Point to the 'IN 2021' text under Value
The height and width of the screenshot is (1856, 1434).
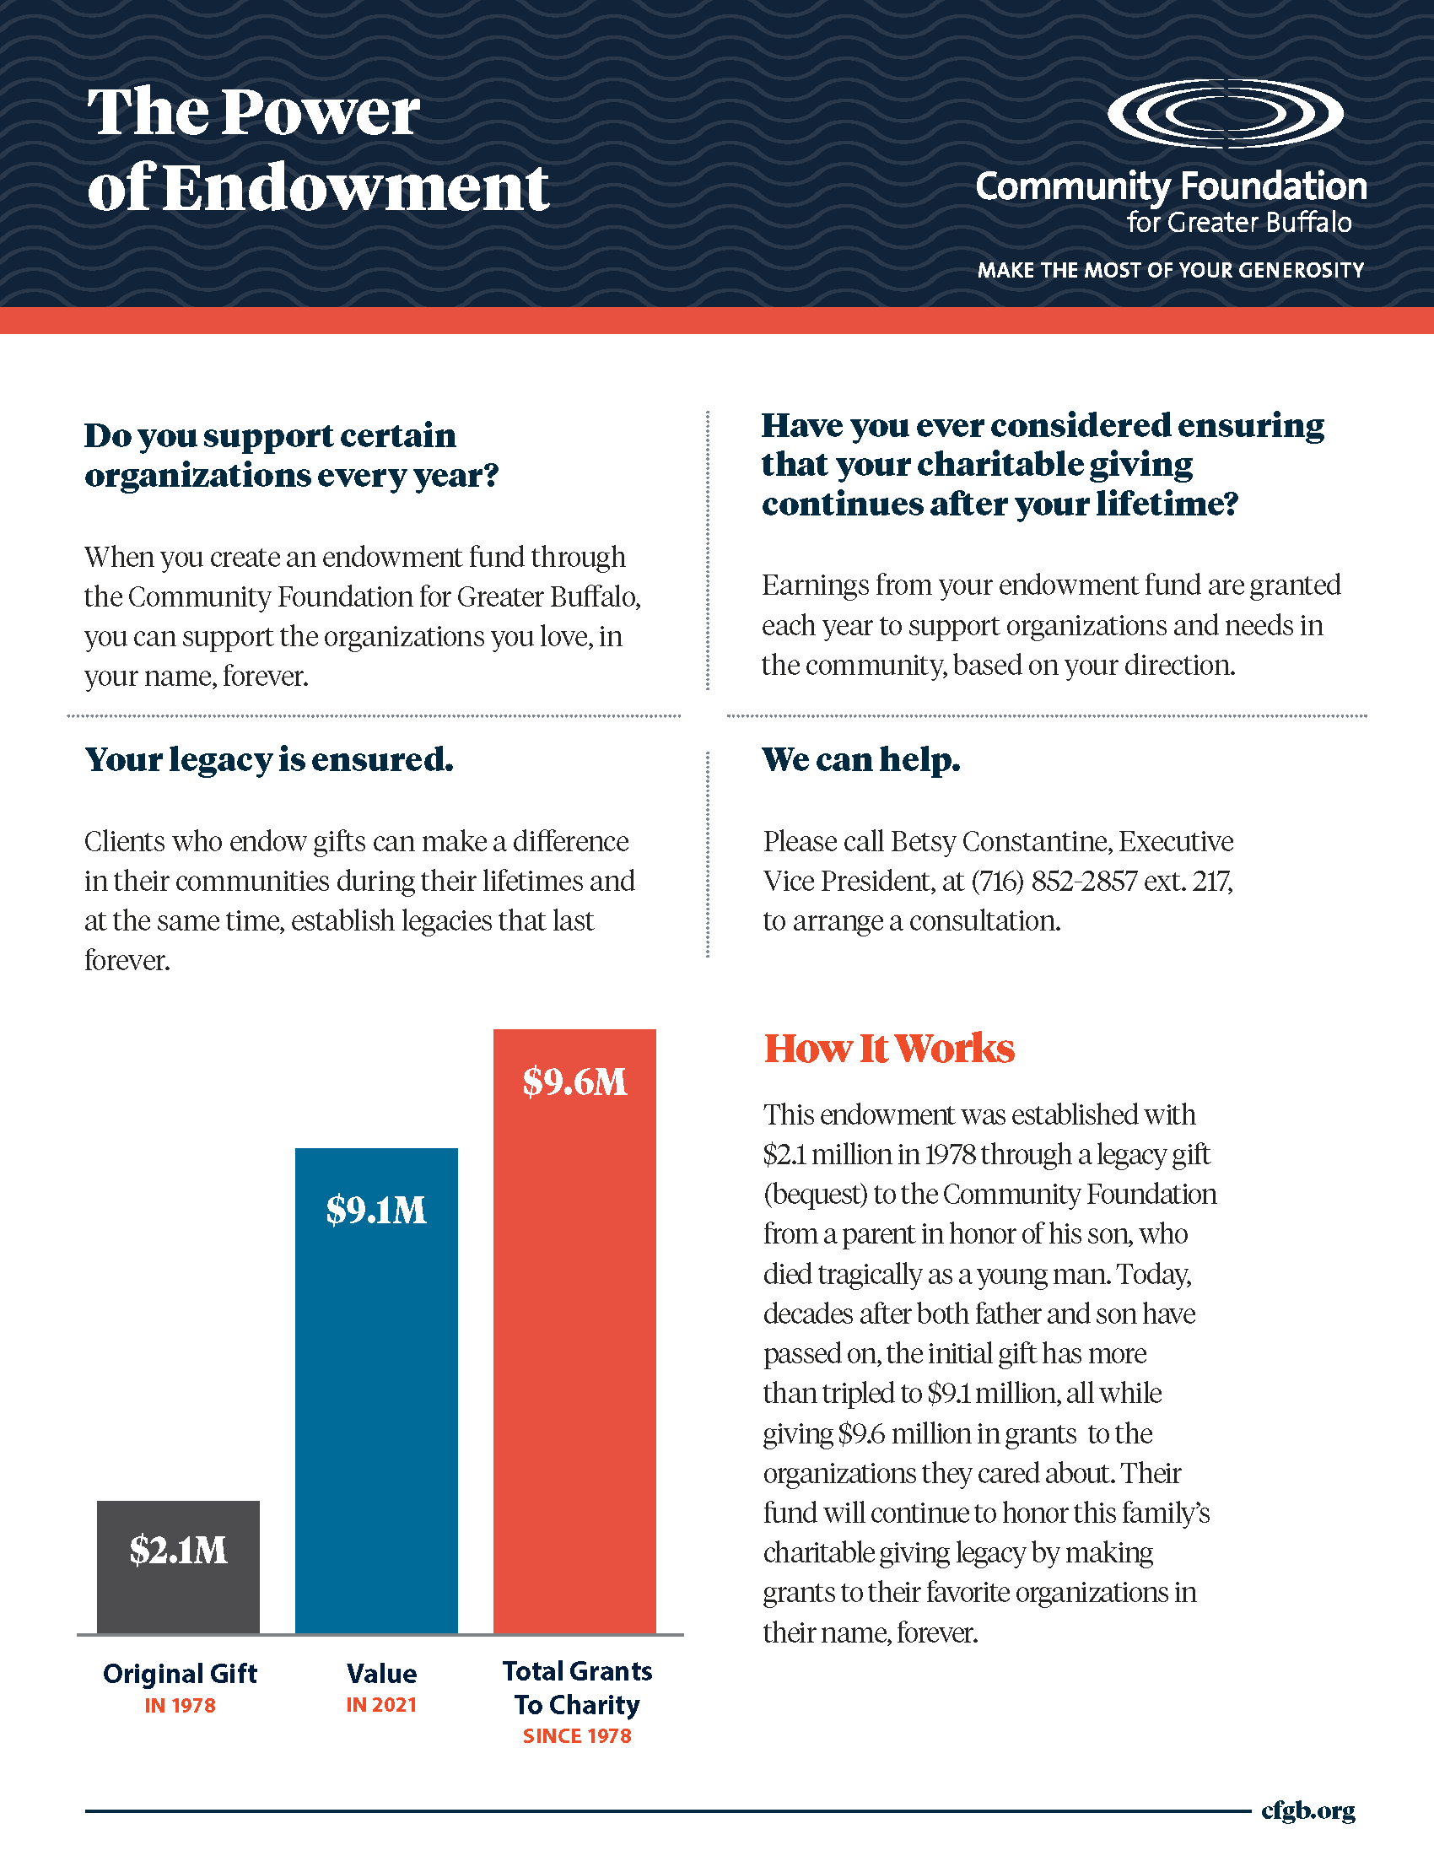point(381,1705)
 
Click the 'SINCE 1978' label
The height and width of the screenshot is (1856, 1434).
point(577,1735)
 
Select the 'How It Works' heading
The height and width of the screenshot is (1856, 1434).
point(888,1049)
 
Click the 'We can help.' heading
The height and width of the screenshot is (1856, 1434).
point(860,760)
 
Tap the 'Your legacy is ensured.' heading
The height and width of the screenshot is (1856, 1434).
point(268,760)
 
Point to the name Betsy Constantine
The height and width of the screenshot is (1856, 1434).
point(1000,841)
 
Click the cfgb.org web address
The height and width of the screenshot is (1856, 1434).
point(1307,1810)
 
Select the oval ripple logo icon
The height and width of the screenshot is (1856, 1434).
point(1225,113)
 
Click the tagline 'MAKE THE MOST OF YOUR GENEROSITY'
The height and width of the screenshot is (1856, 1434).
point(1170,270)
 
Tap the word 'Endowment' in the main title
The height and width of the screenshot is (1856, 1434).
point(355,188)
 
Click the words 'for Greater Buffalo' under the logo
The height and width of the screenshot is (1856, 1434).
point(1238,223)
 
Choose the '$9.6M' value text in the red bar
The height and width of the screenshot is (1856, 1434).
point(574,1082)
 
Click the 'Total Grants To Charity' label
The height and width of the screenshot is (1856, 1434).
point(577,1688)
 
